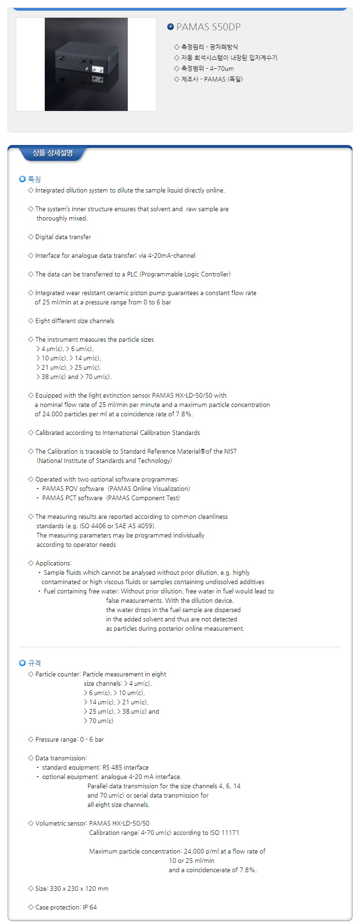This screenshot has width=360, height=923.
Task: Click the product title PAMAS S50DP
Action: tap(208, 27)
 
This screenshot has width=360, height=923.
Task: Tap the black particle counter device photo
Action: tap(86, 64)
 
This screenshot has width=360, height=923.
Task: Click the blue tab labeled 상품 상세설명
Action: tap(53, 153)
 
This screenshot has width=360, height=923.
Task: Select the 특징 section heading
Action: tap(35, 179)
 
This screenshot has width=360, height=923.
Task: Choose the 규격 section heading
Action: tap(35, 663)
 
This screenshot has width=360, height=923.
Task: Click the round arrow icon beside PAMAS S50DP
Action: tap(171, 27)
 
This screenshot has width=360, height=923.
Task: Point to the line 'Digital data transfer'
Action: tap(63, 237)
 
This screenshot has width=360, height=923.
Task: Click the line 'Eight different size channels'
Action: tap(75, 321)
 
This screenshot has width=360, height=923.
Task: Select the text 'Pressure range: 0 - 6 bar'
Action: tap(69, 739)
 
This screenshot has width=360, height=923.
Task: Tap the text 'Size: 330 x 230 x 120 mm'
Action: tap(72, 889)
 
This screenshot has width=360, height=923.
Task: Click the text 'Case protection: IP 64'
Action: tap(66, 907)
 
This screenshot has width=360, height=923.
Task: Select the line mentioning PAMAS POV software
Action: tap(116, 489)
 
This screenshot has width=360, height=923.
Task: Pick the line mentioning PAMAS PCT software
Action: tap(111, 498)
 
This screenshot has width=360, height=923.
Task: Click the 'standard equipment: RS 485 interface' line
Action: tap(95, 767)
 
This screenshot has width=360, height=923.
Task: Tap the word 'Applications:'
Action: tap(53, 563)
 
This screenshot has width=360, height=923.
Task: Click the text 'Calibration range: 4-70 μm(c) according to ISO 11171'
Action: tap(164, 833)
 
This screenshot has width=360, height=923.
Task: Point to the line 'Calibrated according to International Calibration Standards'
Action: tap(118, 433)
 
